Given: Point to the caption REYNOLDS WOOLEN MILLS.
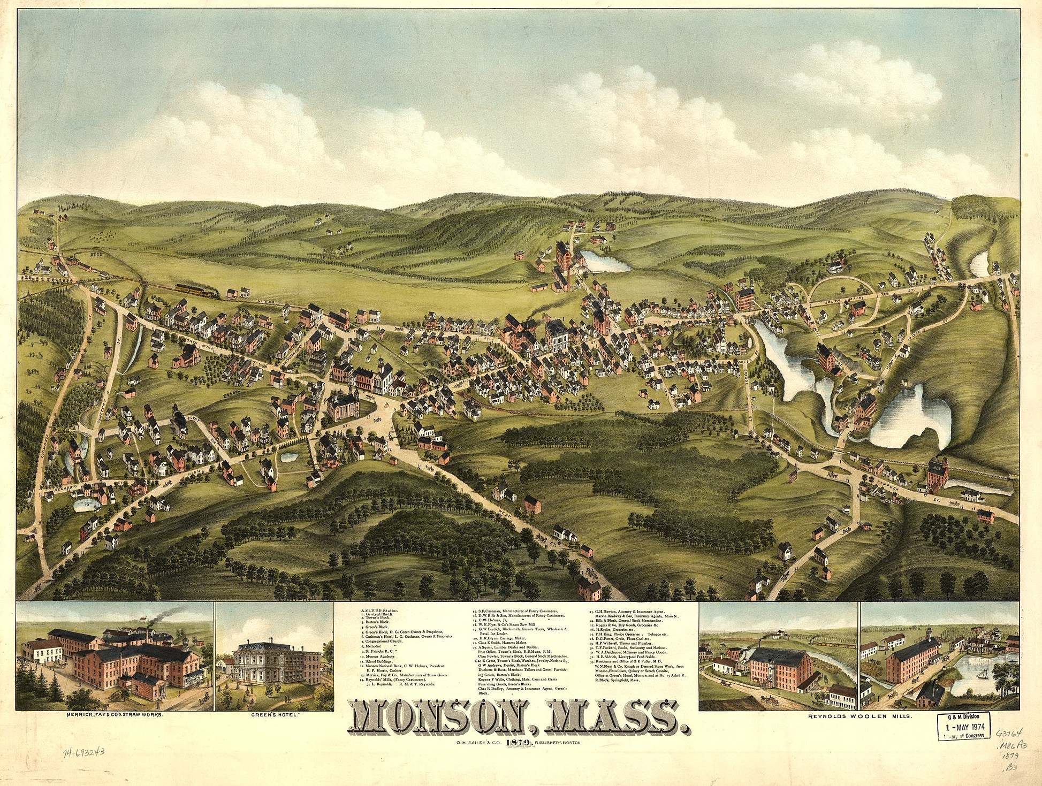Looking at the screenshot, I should (x=858, y=715).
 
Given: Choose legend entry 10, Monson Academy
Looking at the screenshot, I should (x=382, y=655).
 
